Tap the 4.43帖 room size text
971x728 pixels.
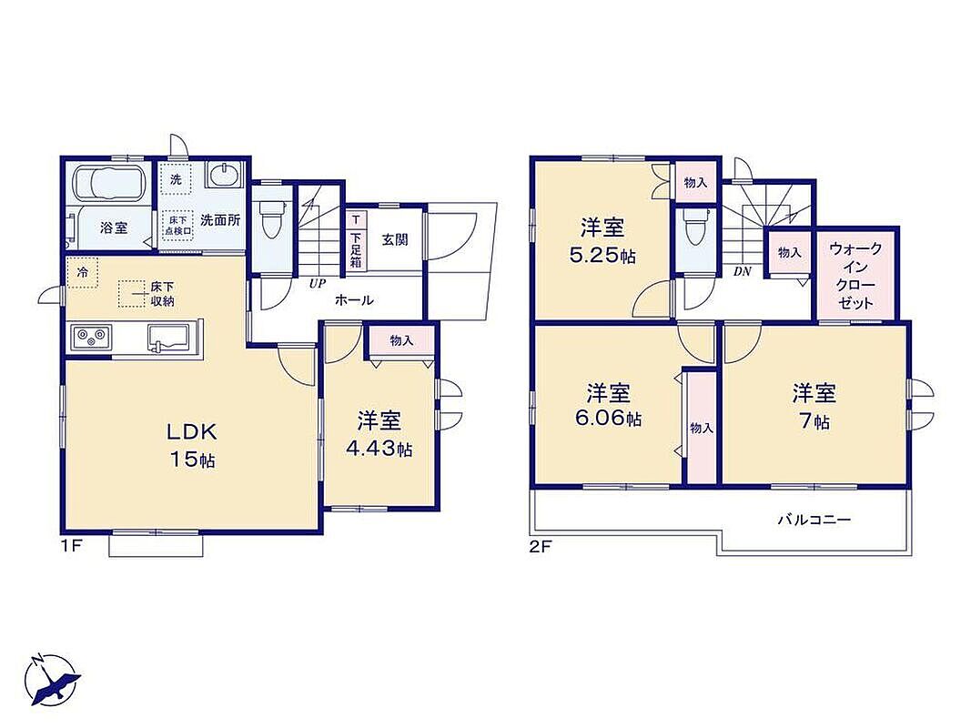coord(379,449)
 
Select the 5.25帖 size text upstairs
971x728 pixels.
coord(602,256)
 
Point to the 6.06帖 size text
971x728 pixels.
coord(608,419)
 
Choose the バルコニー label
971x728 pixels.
coord(814,520)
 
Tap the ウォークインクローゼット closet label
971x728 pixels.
coord(855,276)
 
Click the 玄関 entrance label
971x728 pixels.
coord(394,239)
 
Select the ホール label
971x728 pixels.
coord(354,301)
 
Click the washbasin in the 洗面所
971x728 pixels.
coord(223,174)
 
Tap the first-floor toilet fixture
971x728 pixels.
coord(270,220)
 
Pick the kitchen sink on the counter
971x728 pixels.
coord(168,339)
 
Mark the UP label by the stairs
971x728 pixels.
coord(317,284)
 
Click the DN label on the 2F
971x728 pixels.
coord(742,271)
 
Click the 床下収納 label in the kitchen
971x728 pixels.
coord(162,294)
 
